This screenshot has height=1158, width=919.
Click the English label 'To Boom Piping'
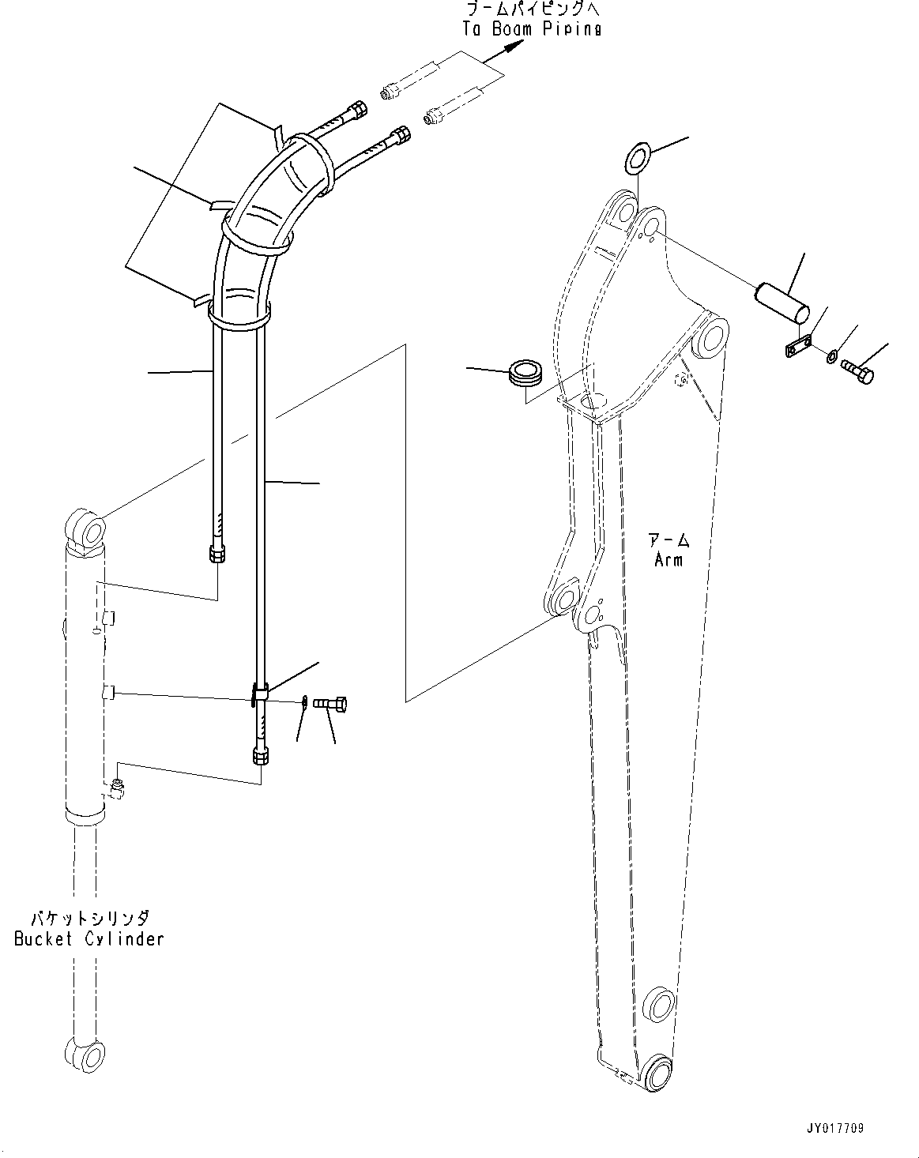click(531, 28)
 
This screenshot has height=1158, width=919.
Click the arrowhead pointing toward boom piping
click(513, 47)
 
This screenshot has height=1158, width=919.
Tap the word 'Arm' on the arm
click(668, 559)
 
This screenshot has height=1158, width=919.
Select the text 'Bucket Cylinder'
click(89, 938)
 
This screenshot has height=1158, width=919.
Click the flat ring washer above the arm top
click(636, 156)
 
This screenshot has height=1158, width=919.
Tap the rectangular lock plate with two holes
click(799, 348)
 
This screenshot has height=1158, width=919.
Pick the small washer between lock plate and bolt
click(833, 358)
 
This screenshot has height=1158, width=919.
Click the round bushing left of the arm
click(525, 372)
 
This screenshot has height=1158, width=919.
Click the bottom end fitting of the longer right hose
click(261, 756)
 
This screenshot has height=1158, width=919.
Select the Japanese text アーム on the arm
click(669, 541)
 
